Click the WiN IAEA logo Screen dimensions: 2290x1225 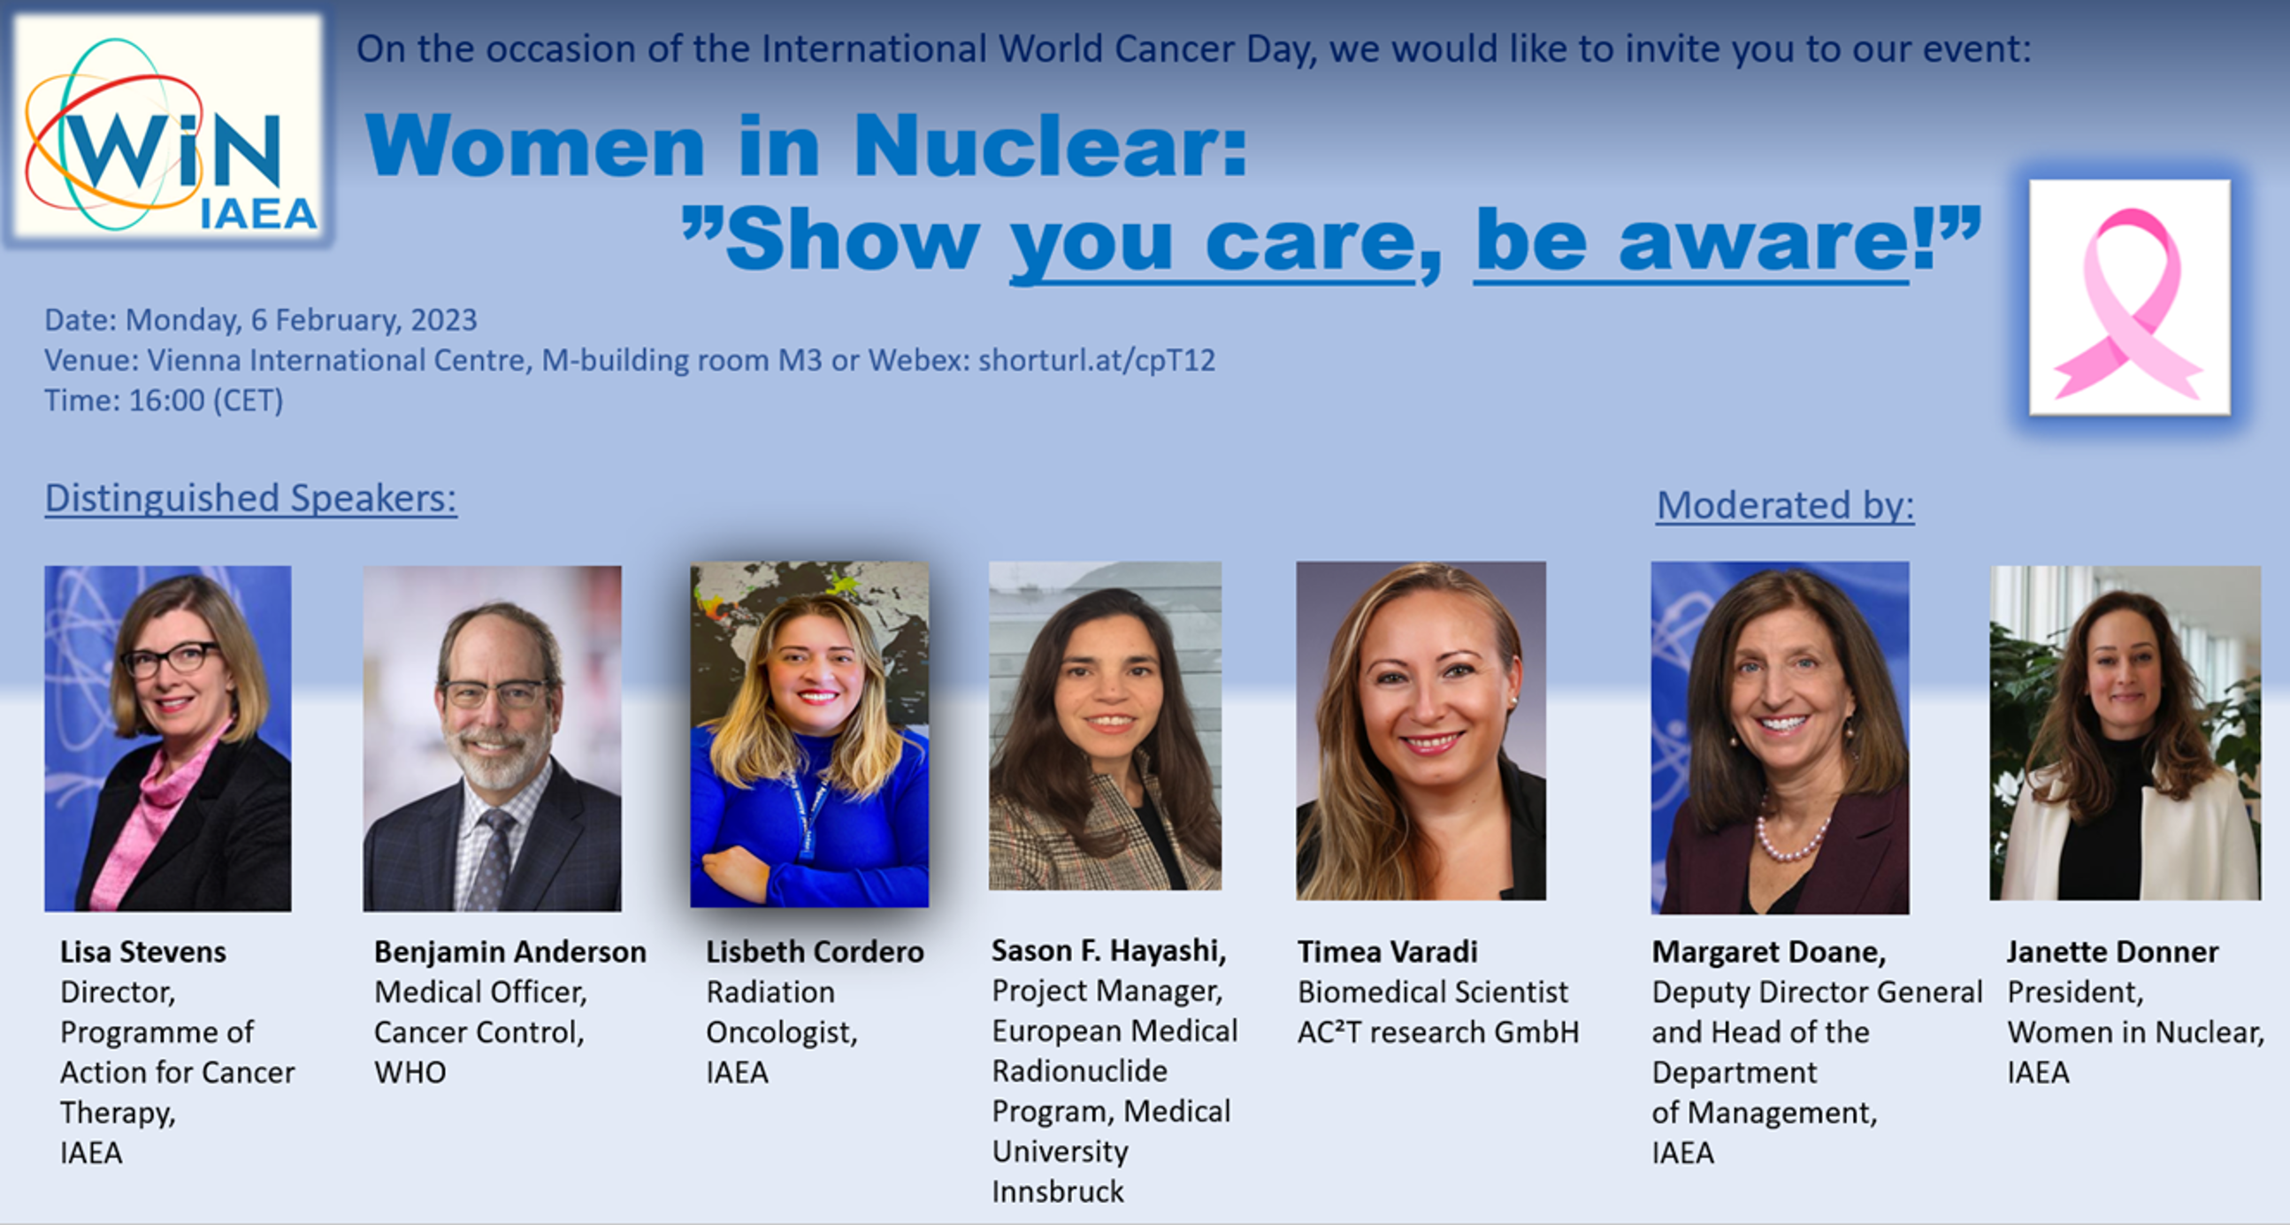pos(169,129)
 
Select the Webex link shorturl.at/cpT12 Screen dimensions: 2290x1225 pos(1097,360)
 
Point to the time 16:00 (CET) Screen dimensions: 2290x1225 pos(205,401)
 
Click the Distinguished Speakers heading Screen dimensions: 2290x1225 pos(250,499)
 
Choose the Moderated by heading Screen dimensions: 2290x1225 pos(1785,505)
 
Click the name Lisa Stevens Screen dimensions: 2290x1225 pos(143,952)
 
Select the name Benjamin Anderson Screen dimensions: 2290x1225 pos(510,952)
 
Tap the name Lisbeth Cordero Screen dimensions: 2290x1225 pos(816,952)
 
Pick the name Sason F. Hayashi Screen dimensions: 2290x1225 pos(1109,951)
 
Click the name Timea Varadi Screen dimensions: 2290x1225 pos(1388,952)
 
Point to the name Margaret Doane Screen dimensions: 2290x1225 pos(1769,952)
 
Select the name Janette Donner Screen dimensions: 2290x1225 pos(2113,952)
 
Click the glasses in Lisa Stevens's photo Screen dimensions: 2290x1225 pos(171,659)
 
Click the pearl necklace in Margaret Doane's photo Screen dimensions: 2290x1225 pos(1790,836)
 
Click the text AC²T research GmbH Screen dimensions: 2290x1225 pos(1438,1032)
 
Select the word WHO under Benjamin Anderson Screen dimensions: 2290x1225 pos(410,1073)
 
